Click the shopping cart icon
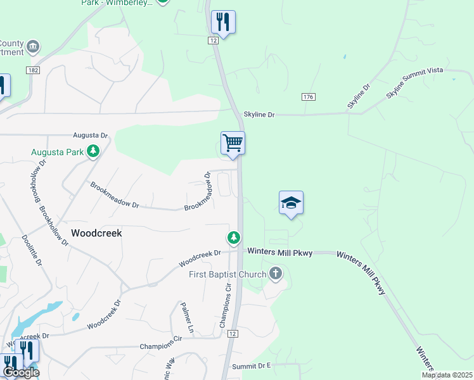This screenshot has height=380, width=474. click(x=233, y=143)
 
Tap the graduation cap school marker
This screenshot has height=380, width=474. click(x=291, y=203)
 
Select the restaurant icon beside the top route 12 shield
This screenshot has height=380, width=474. click(x=223, y=22)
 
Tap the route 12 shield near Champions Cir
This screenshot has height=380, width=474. click(x=233, y=334)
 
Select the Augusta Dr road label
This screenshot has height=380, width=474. click(x=91, y=136)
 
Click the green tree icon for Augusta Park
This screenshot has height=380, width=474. click(x=93, y=151)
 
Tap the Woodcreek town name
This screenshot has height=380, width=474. click(x=96, y=233)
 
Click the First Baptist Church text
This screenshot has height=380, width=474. click(x=226, y=274)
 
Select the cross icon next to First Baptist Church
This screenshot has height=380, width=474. click(x=275, y=274)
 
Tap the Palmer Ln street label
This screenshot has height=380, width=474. click(x=187, y=317)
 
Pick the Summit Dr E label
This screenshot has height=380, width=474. click(x=251, y=366)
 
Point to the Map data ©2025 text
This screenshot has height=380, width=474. click(x=447, y=375)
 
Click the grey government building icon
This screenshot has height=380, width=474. click(x=34, y=46)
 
